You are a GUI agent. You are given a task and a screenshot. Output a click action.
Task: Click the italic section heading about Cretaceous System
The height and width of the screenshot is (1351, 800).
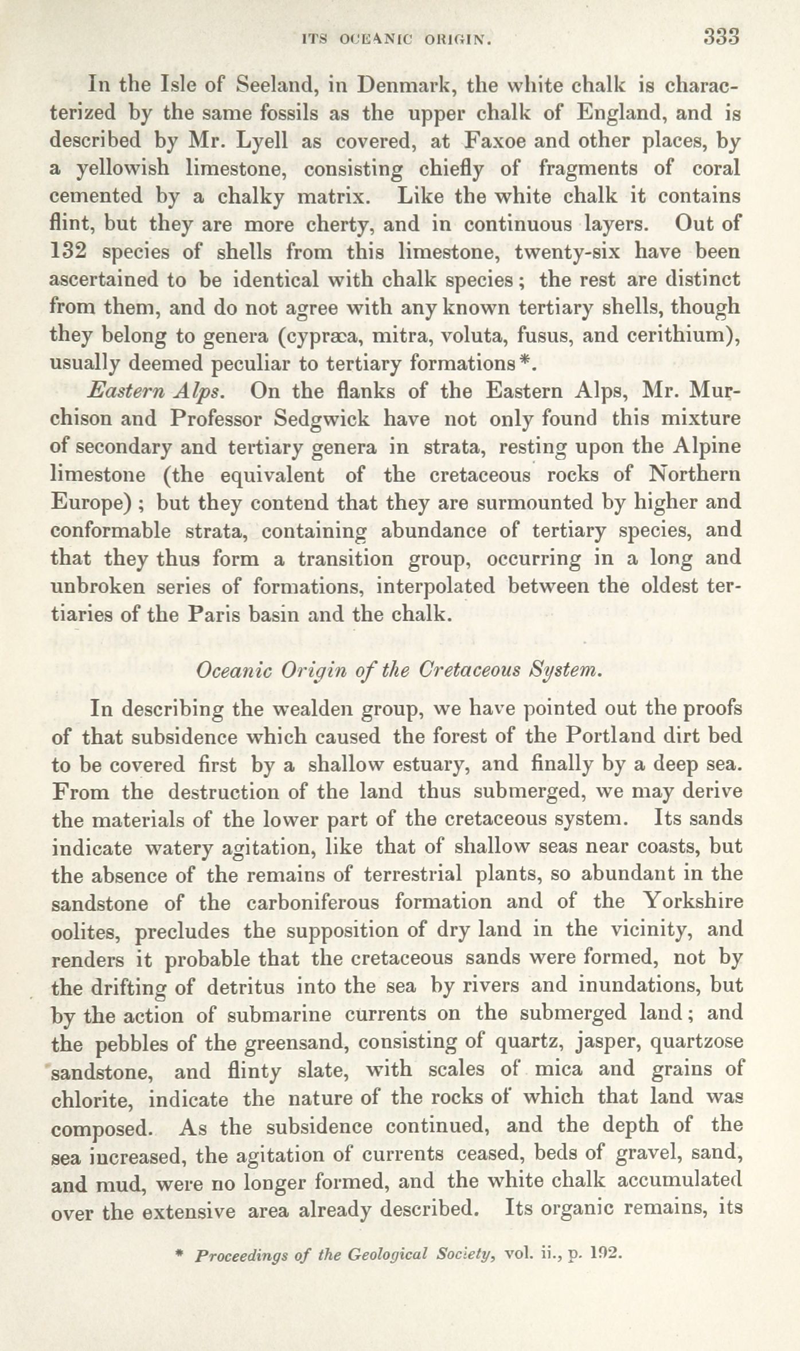coord(400,671)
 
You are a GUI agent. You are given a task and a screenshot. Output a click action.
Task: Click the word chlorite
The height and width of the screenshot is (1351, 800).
coord(91,1100)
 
